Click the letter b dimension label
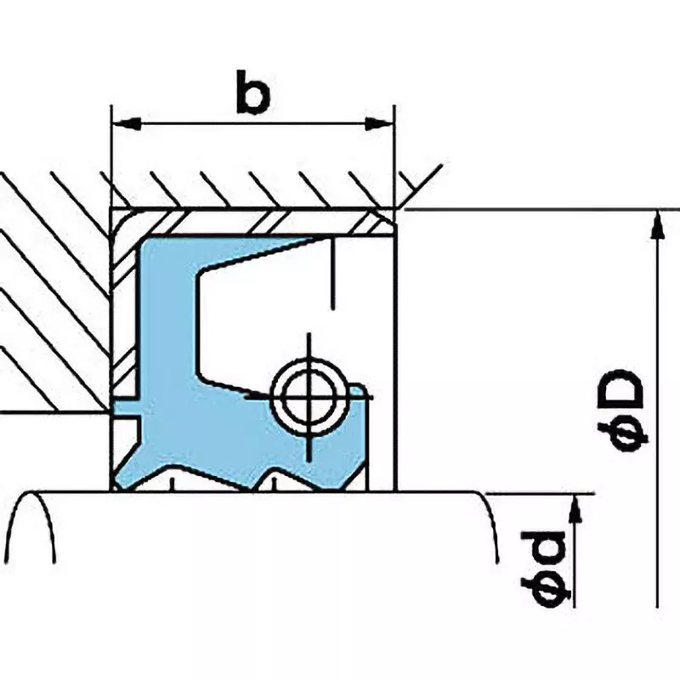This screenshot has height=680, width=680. [x=253, y=92]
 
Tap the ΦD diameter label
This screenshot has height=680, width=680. [x=622, y=411]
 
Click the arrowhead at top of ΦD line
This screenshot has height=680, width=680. [x=658, y=224]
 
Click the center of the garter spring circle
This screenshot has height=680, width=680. [x=309, y=397]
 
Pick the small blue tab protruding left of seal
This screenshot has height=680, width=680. [x=127, y=409]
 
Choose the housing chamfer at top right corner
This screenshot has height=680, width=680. [x=419, y=185]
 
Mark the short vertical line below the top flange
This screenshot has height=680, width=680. [x=332, y=273]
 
